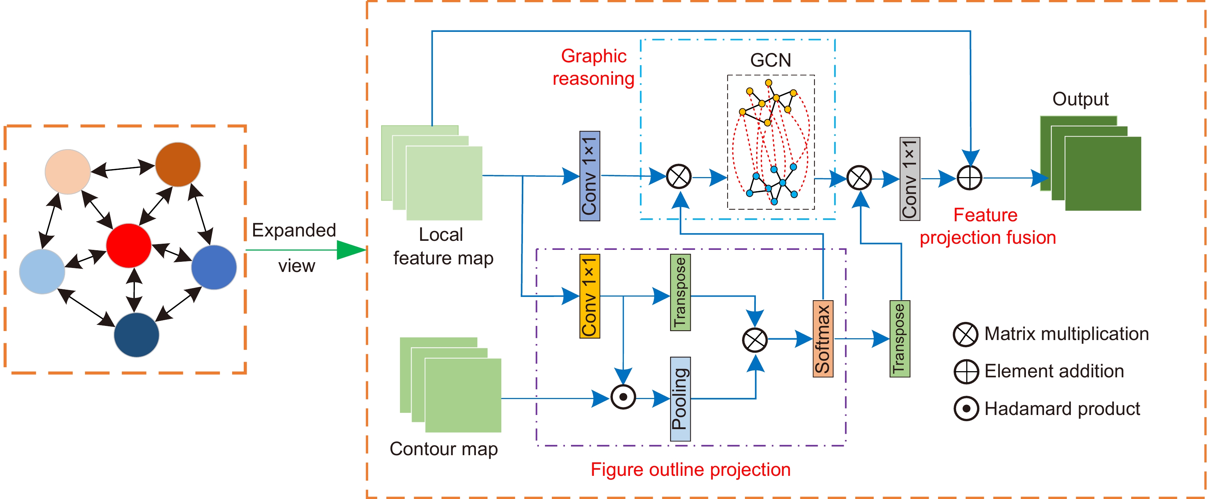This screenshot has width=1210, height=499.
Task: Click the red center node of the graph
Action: click(129, 246)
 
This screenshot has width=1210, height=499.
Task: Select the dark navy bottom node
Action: click(136, 335)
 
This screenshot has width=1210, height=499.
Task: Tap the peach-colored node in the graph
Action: click(68, 172)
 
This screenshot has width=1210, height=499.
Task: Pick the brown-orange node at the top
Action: click(178, 165)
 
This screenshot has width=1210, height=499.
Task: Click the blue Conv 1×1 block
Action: click(589, 176)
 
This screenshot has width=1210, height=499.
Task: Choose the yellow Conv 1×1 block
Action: click(589, 296)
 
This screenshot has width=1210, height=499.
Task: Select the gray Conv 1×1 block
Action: click(909, 179)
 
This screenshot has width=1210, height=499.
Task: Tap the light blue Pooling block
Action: click(680, 399)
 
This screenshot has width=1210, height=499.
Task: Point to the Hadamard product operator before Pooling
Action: click(623, 397)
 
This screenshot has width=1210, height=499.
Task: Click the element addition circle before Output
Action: click(970, 178)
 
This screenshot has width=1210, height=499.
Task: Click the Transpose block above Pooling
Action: click(680, 292)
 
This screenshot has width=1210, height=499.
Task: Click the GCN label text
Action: click(770, 60)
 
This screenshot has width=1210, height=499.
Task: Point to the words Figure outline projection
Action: click(690, 469)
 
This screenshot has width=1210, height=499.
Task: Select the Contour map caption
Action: click(443, 449)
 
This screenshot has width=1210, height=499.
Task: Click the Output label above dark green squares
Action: click(1081, 99)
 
